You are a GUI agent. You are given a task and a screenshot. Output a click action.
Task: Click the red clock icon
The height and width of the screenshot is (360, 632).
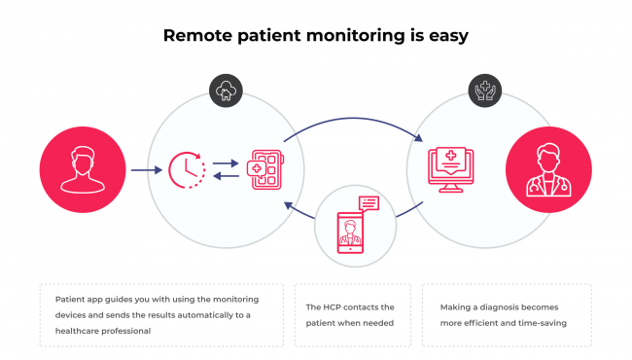click(x=186, y=169)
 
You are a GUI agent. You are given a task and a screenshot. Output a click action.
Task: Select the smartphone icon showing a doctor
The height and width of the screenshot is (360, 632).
click(x=355, y=232)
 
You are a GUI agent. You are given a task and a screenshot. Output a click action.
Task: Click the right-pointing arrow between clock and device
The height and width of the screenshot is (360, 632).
click(x=225, y=163)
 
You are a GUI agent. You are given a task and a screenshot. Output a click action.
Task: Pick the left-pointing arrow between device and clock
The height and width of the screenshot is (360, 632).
click(x=225, y=176)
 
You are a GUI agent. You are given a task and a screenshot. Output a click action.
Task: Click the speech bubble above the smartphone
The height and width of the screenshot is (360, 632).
click(x=369, y=202)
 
